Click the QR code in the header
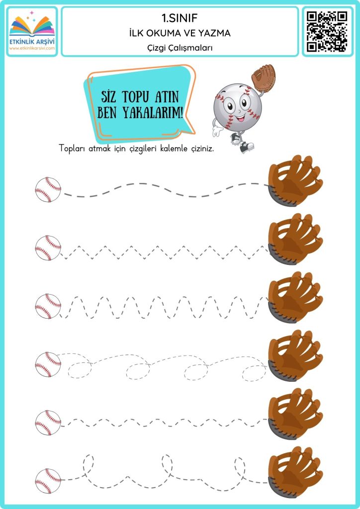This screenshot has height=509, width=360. (327, 31)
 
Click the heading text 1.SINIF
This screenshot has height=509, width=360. (180, 18)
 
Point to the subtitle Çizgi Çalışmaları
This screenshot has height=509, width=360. (180, 48)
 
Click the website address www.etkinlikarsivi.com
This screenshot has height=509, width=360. (32, 48)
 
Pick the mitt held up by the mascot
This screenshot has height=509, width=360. (263, 78)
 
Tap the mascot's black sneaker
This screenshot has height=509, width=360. (247, 147)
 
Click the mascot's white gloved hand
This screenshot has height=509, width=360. (217, 131)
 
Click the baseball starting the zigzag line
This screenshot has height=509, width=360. (48, 248)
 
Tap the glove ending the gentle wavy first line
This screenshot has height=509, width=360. (295, 180)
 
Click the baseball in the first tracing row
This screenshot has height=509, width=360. (48, 189)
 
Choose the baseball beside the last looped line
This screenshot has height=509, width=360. (48, 481)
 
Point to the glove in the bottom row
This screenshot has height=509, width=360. (295, 472)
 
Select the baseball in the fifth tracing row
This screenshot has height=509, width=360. (48, 423)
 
